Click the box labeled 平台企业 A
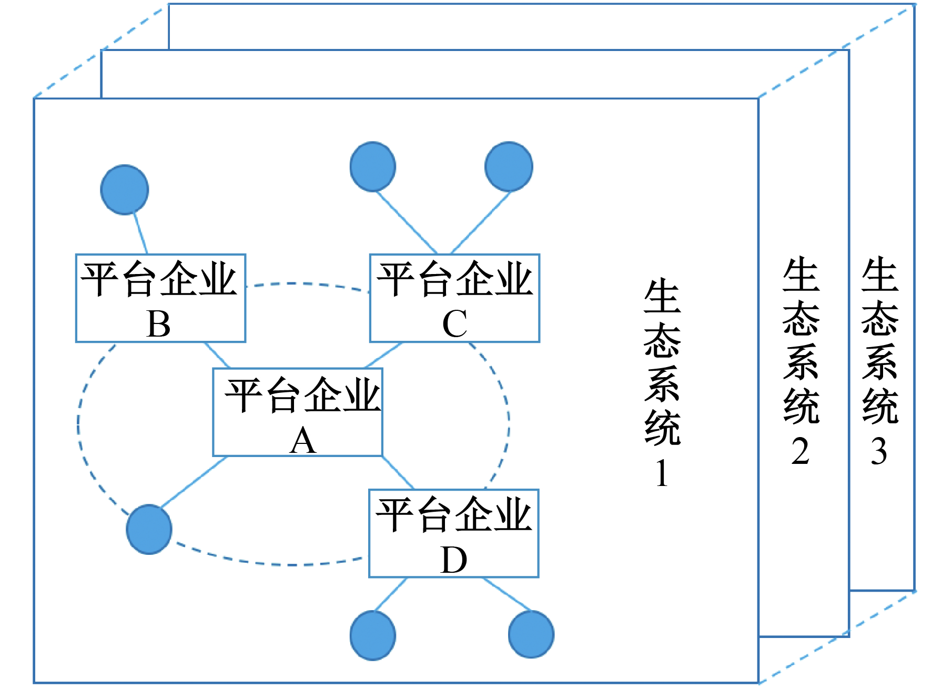[297, 412]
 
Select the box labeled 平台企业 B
[160, 298]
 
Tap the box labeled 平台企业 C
[454, 298]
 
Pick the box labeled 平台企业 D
[453, 533]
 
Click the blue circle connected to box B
[125, 190]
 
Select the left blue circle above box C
[373, 166]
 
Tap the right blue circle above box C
[509, 166]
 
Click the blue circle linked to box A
[149, 529]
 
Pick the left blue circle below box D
[373, 635]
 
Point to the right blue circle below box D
[531, 634]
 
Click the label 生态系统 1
[662, 384]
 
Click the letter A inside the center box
[303, 441]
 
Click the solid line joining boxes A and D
[398, 472]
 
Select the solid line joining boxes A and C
[383, 355]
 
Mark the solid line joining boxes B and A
[217, 355]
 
